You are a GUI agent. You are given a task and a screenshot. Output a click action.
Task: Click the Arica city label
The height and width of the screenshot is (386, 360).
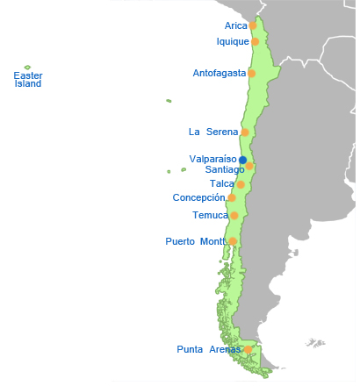pos(235,26)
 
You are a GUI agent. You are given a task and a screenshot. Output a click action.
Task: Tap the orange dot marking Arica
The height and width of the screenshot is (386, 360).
pos(253,26)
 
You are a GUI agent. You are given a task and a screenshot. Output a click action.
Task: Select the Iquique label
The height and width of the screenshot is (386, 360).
pos(233,41)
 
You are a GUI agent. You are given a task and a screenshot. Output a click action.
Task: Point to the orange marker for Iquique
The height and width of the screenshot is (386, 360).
pos(256,41)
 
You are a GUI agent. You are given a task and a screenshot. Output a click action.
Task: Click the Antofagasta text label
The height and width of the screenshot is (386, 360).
pos(219,73)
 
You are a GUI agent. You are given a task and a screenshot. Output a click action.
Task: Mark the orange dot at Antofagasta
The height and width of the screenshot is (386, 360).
pos(252,73)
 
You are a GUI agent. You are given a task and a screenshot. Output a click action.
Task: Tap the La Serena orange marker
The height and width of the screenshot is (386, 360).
pos(245,132)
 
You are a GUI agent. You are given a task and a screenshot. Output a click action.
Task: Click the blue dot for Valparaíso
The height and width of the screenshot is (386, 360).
pos(243,159)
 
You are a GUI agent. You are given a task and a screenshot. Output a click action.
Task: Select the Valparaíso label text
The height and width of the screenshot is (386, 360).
pos(213,159)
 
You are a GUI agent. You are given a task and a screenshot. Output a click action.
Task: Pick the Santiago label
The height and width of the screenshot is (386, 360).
pos(224,169)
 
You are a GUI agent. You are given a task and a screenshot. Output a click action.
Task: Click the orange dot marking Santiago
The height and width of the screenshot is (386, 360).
pos(249,166)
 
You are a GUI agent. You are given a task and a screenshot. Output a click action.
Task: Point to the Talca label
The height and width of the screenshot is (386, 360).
pos(222,184)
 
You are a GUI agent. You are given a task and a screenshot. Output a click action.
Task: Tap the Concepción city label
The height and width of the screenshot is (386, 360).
pos(198,198)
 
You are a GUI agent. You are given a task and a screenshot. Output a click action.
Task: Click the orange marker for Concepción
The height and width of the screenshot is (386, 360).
pos(231,198)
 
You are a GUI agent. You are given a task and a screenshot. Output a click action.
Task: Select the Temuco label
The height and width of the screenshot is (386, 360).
pos(210,215)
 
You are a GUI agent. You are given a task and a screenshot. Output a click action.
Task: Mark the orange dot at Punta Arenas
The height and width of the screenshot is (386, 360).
pos(248,349)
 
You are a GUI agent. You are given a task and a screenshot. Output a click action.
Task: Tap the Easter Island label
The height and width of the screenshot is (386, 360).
pos(28,80)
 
